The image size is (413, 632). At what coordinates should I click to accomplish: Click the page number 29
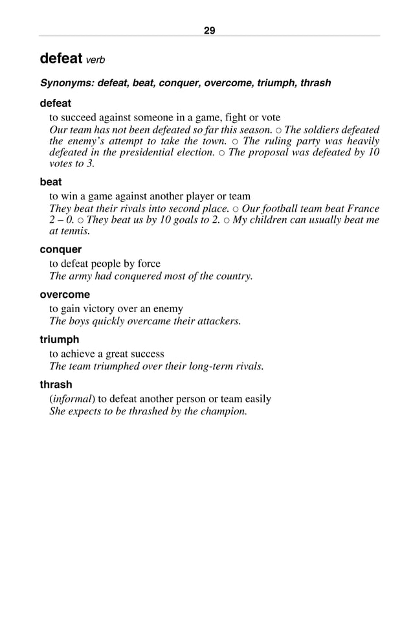[x=209, y=30]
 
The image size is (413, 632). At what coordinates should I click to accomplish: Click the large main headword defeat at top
[x=61, y=58]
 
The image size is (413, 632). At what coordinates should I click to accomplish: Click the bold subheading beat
[x=50, y=182]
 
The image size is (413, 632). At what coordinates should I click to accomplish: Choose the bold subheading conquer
[x=60, y=249]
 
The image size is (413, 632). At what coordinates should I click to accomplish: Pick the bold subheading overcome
[x=65, y=295]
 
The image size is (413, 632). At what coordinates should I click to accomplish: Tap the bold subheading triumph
[x=60, y=339]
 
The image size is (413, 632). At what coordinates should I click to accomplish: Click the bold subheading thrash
[x=56, y=385]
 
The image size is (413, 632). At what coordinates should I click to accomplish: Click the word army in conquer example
[x=80, y=276]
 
